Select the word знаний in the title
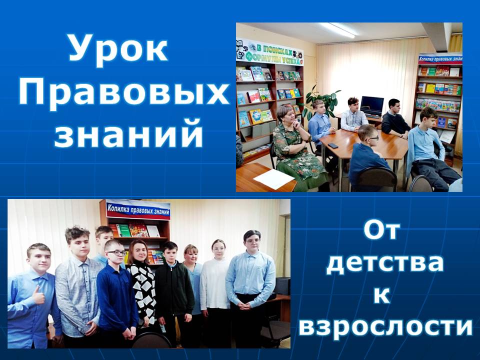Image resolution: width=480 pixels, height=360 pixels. [128, 133]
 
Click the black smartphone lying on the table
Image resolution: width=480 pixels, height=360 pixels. [333, 145]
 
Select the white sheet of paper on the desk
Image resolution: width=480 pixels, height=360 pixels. [273, 179]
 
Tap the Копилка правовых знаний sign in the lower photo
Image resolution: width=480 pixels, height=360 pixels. [138, 210]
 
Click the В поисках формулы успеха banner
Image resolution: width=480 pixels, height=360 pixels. [269, 52]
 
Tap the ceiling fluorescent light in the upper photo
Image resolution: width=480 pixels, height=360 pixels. [338, 29]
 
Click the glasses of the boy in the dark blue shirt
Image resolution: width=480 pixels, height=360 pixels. [116, 253]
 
